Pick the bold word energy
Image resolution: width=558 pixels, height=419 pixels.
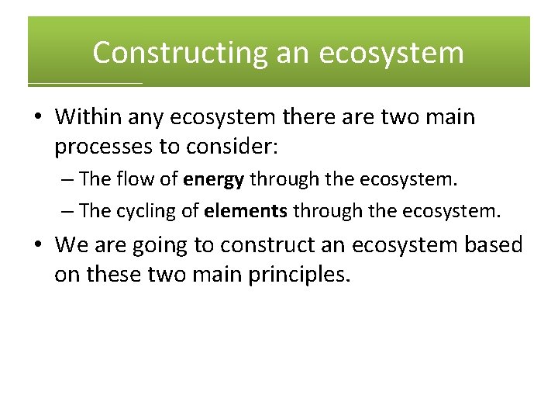point(214,180)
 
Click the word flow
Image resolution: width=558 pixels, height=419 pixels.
point(133,180)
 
